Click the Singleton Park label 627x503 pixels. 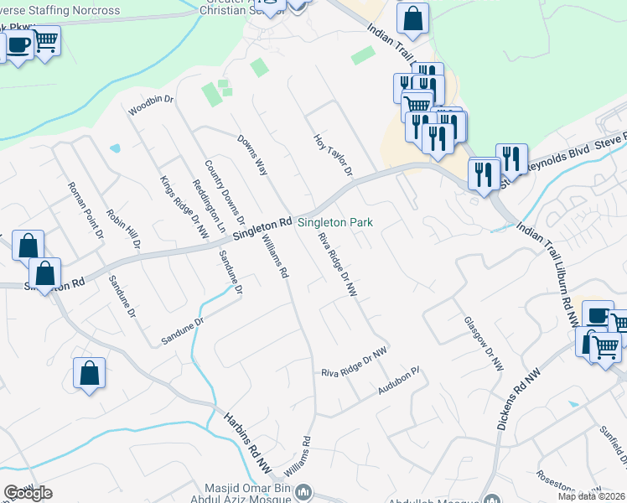(x=335, y=222)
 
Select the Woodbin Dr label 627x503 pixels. (x=150, y=105)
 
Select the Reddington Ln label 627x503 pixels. (x=210, y=205)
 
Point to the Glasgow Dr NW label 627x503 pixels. (x=484, y=344)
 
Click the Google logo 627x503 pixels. (x=28, y=492)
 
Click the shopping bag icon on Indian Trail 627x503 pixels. (x=412, y=18)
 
